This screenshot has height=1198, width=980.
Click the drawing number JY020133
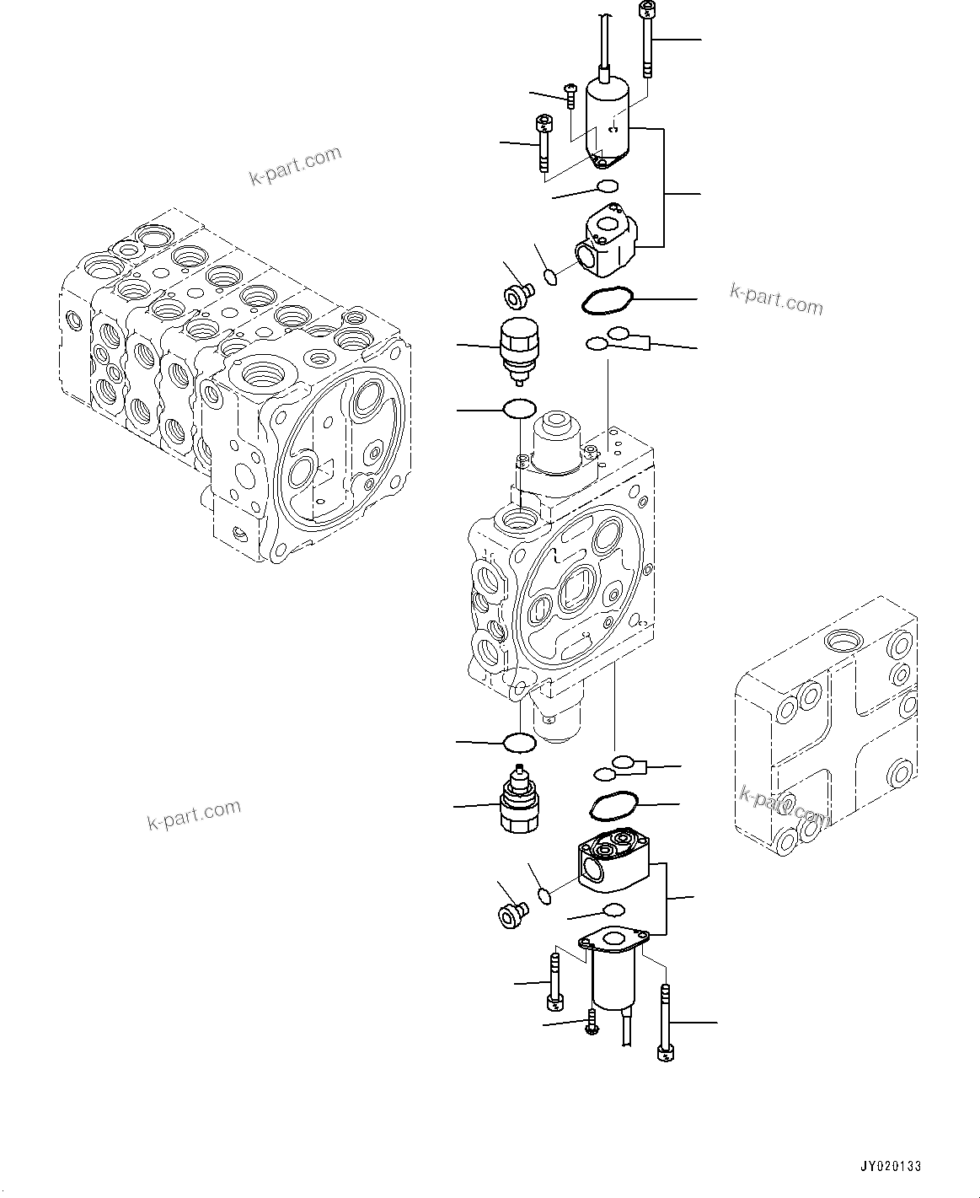[x=890, y=1167]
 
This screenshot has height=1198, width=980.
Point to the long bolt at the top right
[x=646, y=40]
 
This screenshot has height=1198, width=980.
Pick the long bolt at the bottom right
[x=666, y=1023]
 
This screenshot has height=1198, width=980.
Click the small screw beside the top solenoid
[x=570, y=95]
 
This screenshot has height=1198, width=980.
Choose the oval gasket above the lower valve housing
[x=613, y=805]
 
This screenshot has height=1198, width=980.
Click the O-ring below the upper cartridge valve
[x=518, y=409]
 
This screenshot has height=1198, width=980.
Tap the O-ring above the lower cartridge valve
[x=518, y=743]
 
